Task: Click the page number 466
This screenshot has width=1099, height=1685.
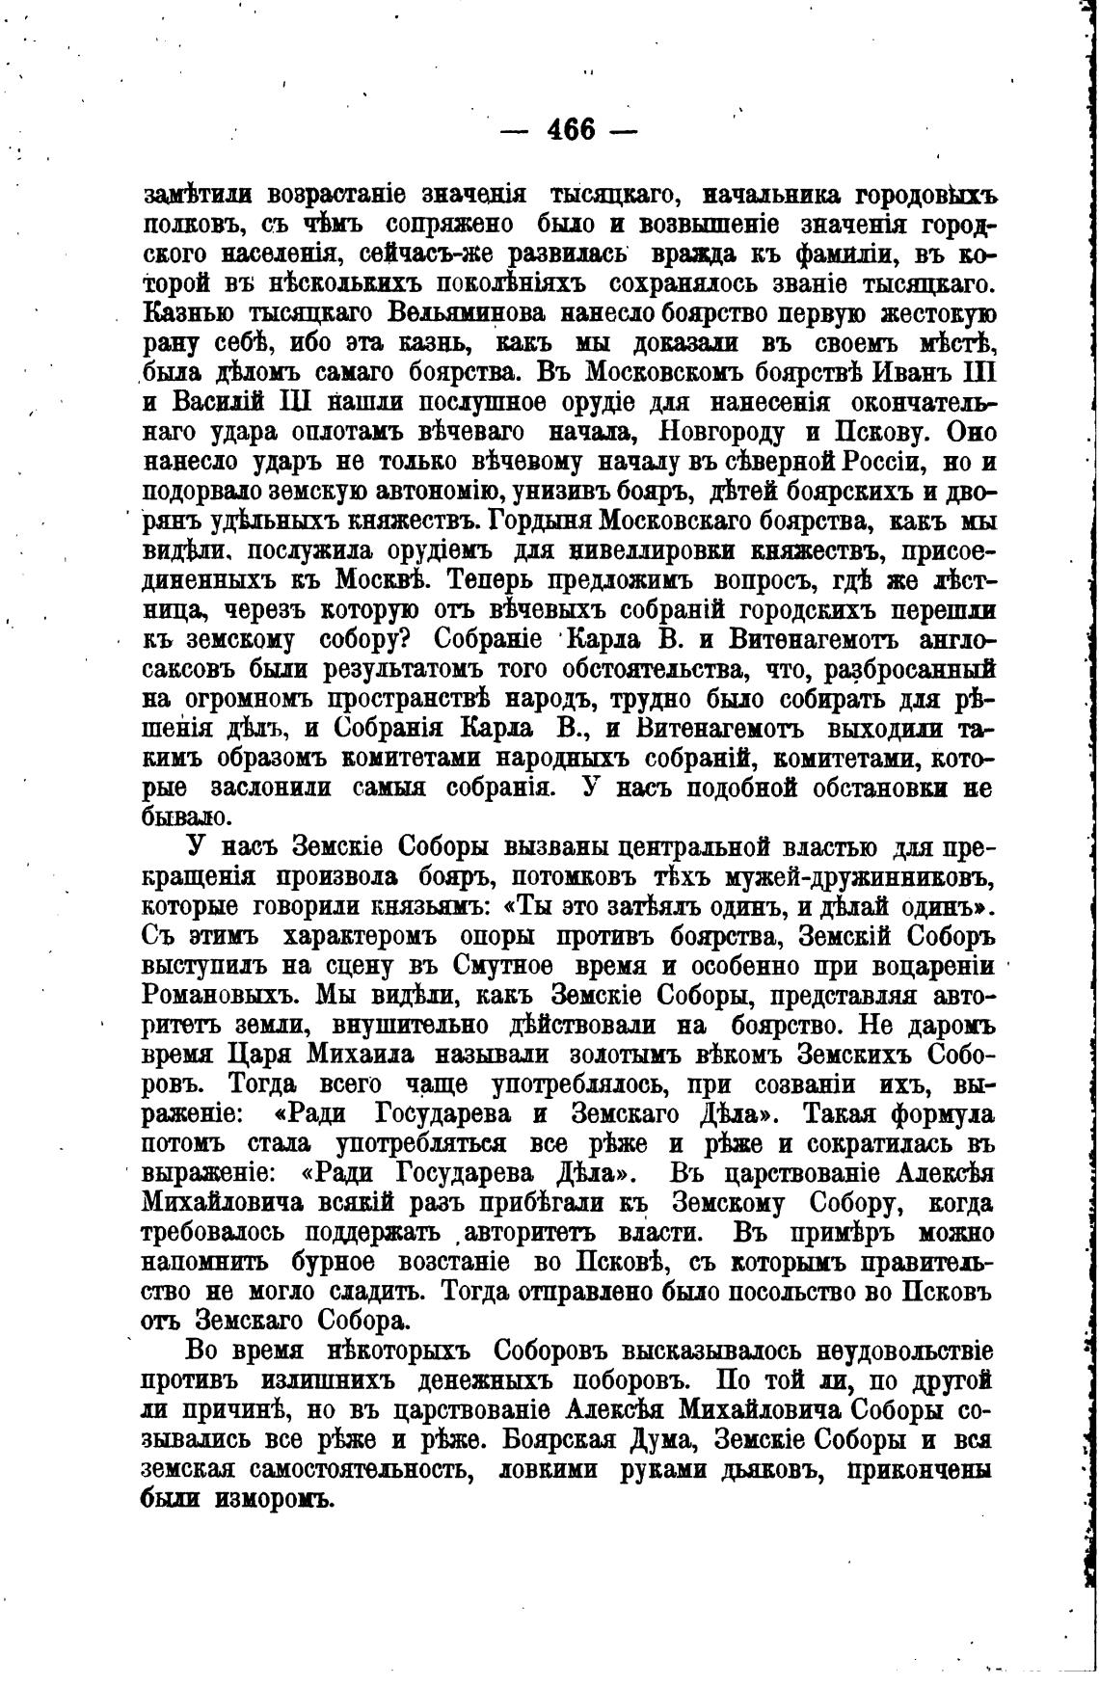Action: pos(570,128)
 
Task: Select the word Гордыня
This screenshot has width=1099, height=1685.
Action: pos(540,522)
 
